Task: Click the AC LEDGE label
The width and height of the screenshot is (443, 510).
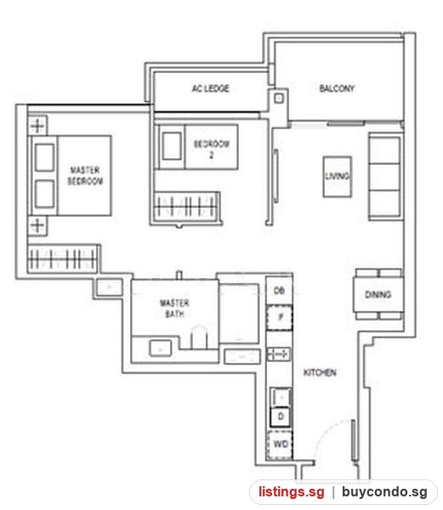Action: point(210,88)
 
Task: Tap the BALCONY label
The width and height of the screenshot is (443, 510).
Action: point(337,88)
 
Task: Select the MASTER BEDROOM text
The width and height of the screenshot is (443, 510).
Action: point(85,175)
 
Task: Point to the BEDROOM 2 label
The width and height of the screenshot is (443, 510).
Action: point(212,150)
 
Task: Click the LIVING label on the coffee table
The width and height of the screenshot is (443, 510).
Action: point(338,176)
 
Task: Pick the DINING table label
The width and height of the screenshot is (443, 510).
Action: point(378,295)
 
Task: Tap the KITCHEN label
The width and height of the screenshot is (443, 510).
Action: point(320,372)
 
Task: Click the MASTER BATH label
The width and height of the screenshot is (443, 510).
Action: point(174,309)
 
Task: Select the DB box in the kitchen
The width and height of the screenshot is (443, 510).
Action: point(279,291)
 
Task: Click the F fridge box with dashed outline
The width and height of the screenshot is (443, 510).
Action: point(280,317)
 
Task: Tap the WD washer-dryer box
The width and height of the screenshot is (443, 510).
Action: point(280,445)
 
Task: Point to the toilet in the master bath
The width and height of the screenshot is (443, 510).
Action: point(199,337)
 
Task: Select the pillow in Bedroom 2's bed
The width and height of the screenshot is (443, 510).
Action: point(172,146)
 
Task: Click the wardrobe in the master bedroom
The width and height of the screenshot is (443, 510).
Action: point(63,258)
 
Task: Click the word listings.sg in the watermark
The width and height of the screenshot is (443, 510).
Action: point(292,492)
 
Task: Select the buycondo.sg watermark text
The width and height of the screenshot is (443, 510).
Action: point(384,492)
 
